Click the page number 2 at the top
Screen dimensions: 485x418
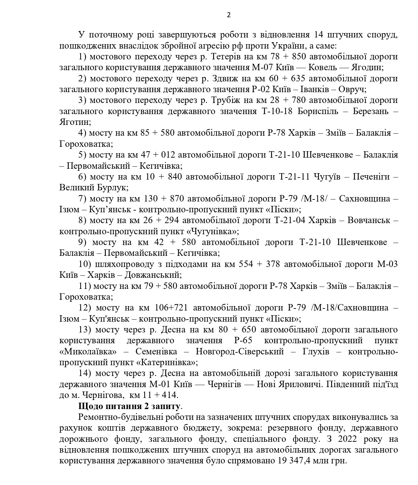click(x=229, y=15)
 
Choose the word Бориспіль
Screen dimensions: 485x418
click(x=318, y=111)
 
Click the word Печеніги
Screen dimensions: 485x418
click(x=367, y=177)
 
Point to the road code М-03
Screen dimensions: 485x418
click(x=387, y=264)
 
